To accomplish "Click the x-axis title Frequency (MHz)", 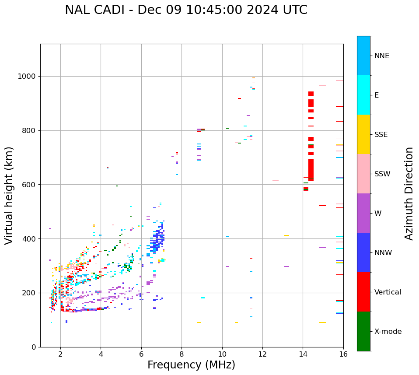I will [191, 365].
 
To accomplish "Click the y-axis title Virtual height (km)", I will [10, 195].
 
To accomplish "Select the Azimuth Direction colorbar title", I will [409, 193].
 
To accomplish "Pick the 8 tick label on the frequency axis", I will [182, 354].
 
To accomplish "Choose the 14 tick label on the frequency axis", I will [303, 354].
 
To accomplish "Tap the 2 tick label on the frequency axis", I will [60, 354].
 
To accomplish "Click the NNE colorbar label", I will [381, 56].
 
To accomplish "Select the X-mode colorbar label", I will [388, 332].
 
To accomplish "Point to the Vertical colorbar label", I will [388, 292].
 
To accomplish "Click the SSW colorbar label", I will [382, 174].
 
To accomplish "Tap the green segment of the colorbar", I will [363, 331].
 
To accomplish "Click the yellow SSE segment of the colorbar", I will [363, 134].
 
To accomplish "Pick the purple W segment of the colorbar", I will [363, 213].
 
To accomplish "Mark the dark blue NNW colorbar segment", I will [363, 252].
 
